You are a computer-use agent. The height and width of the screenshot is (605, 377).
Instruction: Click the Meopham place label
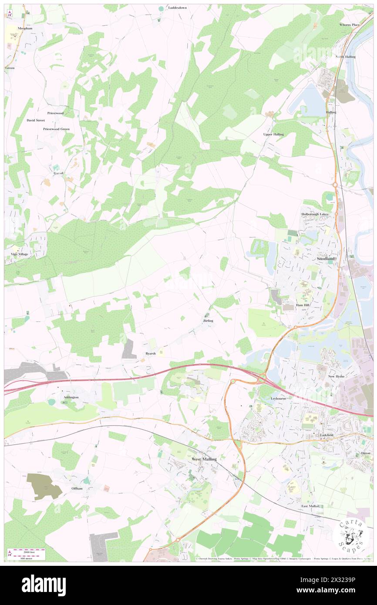25,28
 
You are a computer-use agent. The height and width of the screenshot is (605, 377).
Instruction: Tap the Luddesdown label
178,8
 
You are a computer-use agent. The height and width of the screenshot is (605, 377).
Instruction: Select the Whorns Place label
350,25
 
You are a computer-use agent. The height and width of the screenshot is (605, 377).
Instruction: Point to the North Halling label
345,57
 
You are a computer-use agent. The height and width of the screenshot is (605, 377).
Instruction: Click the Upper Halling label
273,134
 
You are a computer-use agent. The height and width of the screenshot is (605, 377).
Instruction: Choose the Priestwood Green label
56,129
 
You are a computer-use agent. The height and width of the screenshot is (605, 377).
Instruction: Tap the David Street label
36,120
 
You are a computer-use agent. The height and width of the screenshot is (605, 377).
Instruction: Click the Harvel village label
58,173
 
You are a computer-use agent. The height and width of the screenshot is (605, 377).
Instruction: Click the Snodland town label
326,258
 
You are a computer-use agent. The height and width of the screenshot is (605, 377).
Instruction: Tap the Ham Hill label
302,305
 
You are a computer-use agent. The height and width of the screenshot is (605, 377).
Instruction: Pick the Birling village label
208,321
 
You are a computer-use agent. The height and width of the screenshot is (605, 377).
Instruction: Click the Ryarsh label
150,353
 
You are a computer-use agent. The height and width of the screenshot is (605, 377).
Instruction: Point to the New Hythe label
337,376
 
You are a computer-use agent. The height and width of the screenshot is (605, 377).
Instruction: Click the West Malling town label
204,459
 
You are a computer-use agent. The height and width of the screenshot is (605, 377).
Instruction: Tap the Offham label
77,488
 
